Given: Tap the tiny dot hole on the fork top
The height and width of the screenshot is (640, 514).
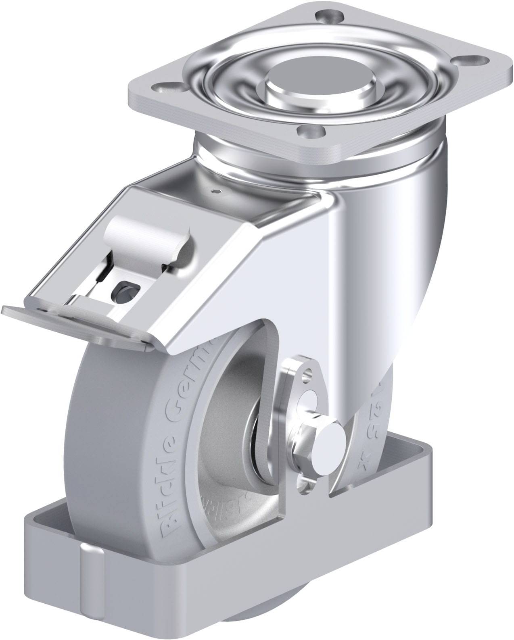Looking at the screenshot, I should click(x=218, y=192).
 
